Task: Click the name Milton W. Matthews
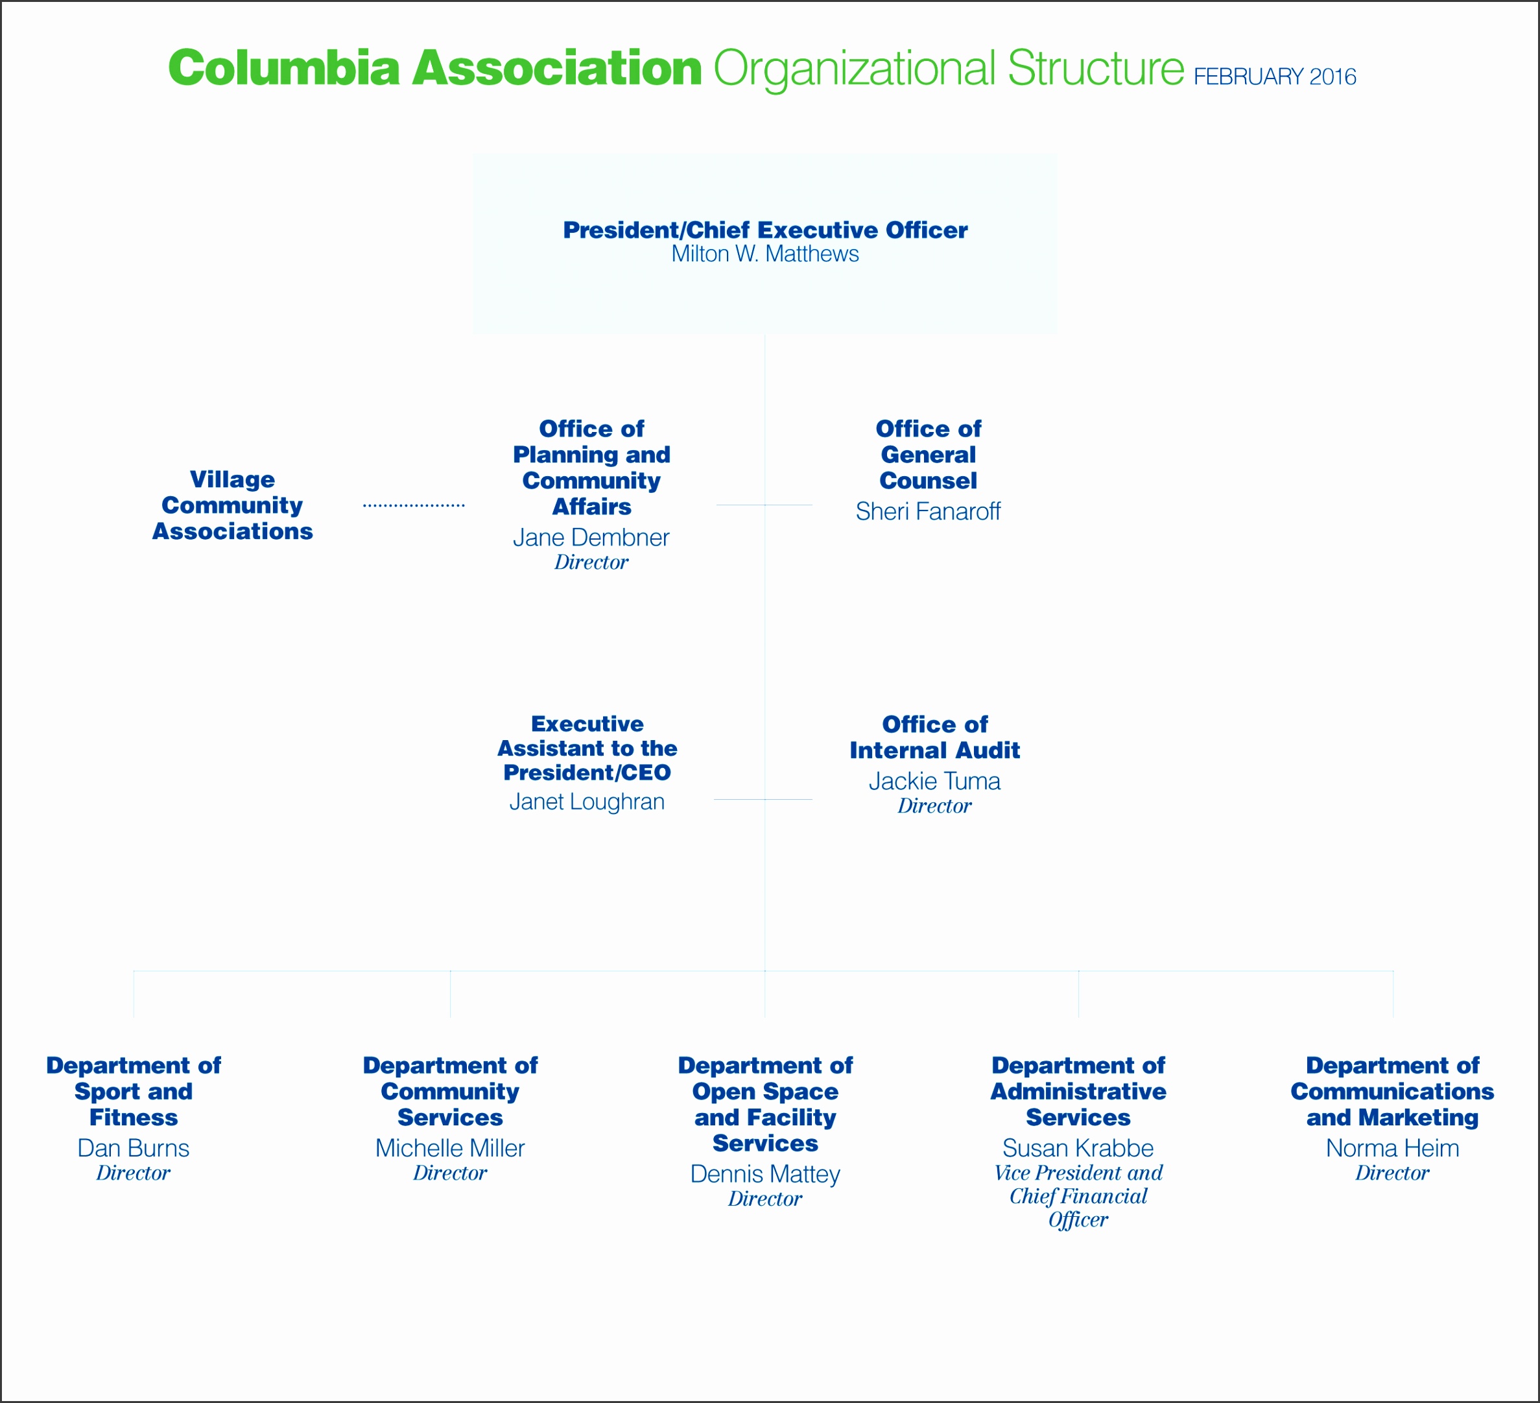pos(764,254)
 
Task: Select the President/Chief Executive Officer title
pos(764,230)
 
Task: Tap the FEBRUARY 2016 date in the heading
pos(1274,77)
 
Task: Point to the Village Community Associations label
pos(232,505)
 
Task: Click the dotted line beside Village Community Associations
pos(413,505)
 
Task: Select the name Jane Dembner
pos(591,537)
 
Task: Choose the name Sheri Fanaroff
pos(927,511)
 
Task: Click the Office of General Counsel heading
pos(928,455)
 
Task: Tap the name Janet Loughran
pos(587,802)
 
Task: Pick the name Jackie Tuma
pos(934,781)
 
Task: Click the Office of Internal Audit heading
pos(934,737)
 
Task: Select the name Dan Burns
pos(133,1148)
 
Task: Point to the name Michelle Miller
pos(450,1148)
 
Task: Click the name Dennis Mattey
pos(764,1174)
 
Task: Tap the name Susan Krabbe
pos(1078,1148)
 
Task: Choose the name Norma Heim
pos(1392,1148)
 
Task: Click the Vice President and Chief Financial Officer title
pos(1078,1197)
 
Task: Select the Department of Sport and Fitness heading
pos(133,1091)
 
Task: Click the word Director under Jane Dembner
pos(591,562)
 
